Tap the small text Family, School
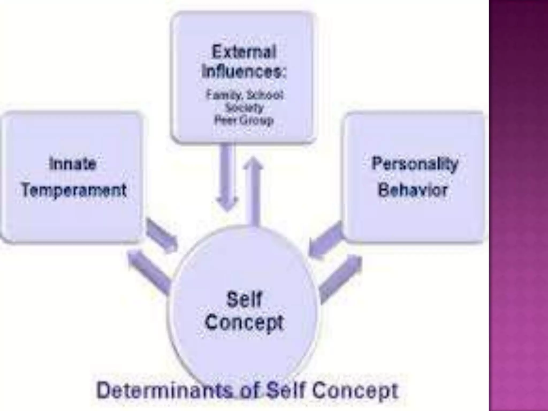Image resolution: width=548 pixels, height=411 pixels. (244, 95)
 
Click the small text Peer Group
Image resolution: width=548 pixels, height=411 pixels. (244, 120)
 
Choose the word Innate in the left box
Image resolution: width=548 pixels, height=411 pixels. (73, 164)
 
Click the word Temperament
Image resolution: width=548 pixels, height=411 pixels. (74, 190)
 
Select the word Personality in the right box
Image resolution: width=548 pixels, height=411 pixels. (415, 164)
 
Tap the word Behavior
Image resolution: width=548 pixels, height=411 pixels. (413, 190)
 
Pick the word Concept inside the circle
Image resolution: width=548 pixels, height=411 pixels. (244, 322)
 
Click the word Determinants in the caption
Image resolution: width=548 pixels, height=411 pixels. (163, 391)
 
